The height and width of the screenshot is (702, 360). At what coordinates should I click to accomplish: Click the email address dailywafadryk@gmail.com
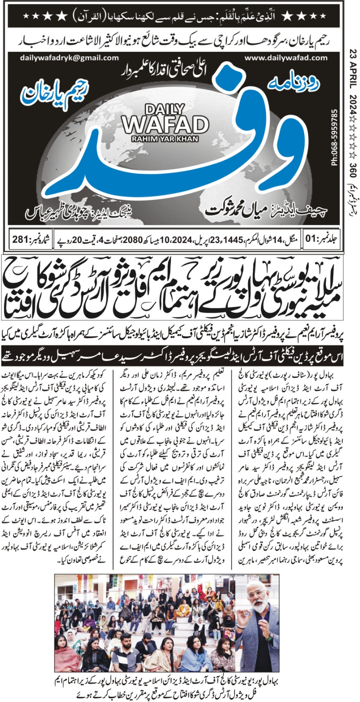pos(69,58)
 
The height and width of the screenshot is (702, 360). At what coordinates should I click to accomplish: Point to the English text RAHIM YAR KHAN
pos(165,139)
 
